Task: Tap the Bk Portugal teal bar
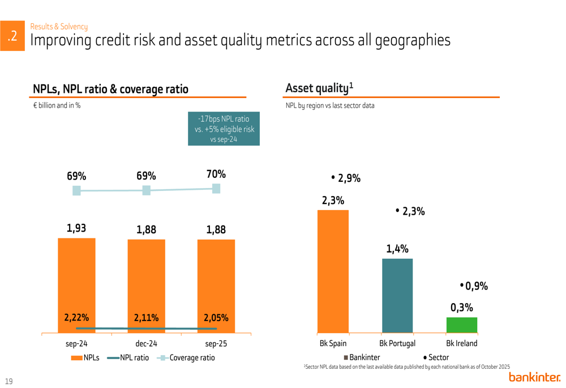[x=397, y=295]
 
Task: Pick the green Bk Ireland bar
[x=462, y=325]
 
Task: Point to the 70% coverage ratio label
[x=216, y=174]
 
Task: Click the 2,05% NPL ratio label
[x=216, y=318]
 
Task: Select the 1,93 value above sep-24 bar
[x=76, y=228]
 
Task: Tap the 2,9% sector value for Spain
[x=346, y=178]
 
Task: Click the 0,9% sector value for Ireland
[x=474, y=286]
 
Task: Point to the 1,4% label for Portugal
[x=397, y=249]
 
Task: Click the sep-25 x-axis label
[x=216, y=343]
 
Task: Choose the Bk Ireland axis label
[x=462, y=343]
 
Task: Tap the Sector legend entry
[x=436, y=357]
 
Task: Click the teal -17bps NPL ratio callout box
[x=224, y=129]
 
